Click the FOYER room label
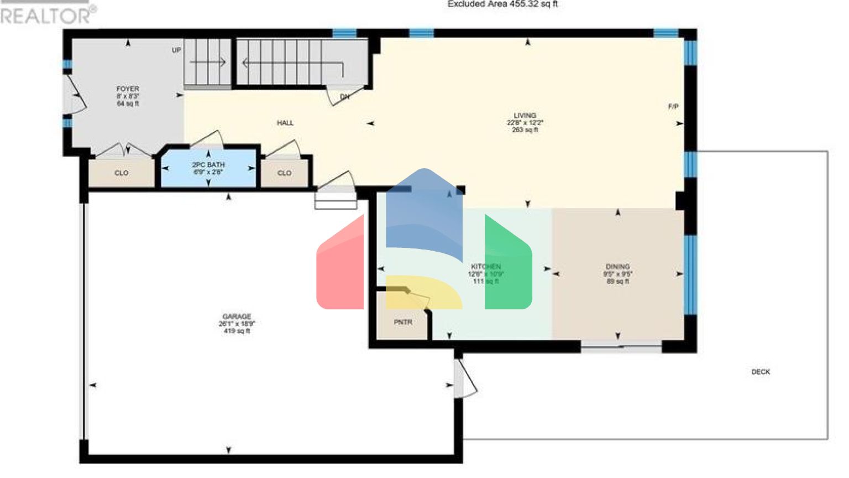click(128, 89)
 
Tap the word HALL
click(285, 123)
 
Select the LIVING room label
click(525, 116)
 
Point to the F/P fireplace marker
click(673, 106)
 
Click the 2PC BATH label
click(208, 165)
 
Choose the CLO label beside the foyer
click(122, 173)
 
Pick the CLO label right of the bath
click(284, 173)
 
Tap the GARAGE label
click(237, 316)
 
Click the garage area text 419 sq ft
click(237, 331)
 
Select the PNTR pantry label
click(403, 322)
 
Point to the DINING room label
click(617, 267)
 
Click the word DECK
click(761, 372)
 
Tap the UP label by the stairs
click(176, 50)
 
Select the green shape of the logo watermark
click(507, 266)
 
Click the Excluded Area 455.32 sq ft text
click(502, 4)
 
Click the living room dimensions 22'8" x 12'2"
click(525, 123)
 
